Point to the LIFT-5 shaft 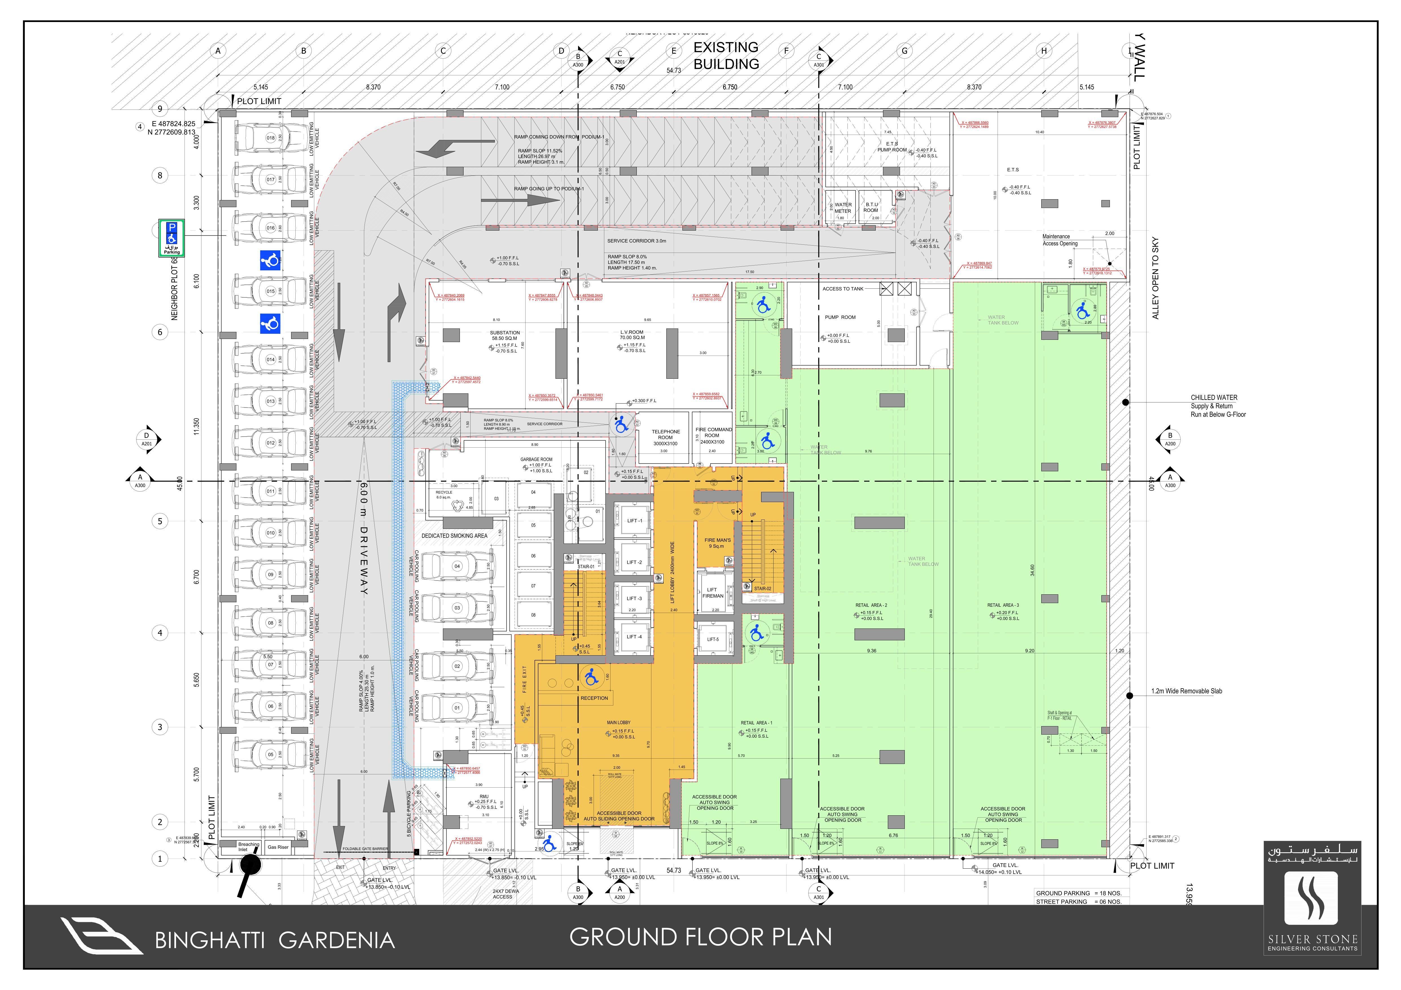coord(713,640)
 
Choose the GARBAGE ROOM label coord(536,460)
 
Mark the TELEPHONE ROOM coord(665,437)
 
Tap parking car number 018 coord(270,139)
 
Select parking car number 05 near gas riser coord(270,755)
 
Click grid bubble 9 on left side coord(160,109)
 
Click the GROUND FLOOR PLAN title coord(700,937)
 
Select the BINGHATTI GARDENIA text coord(275,941)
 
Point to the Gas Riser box coord(278,847)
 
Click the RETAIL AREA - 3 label coord(1003,605)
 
